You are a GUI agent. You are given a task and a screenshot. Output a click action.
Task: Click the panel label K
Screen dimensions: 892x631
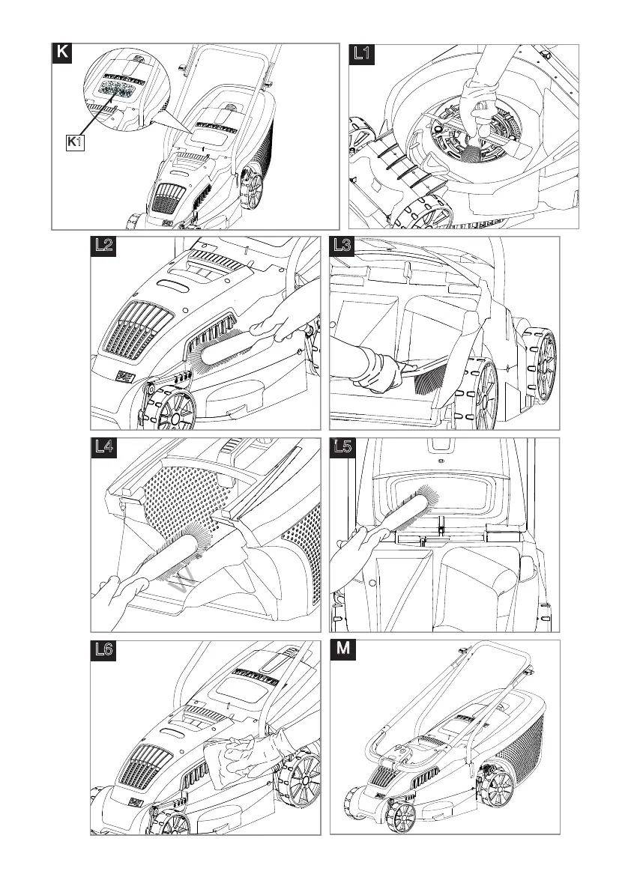[x=61, y=52]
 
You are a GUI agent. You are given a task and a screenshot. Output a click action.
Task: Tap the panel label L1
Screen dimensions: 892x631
[x=361, y=53]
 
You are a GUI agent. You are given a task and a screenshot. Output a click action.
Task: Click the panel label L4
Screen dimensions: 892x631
[x=104, y=449]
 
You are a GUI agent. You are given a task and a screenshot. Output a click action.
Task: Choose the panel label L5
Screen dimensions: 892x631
[x=342, y=449]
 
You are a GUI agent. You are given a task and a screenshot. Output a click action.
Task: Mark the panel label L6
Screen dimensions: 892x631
[x=104, y=650]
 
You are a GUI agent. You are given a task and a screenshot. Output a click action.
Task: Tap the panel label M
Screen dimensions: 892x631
[x=342, y=649]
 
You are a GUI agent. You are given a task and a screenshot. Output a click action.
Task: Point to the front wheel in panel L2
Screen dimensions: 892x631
[x=169, y=409]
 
